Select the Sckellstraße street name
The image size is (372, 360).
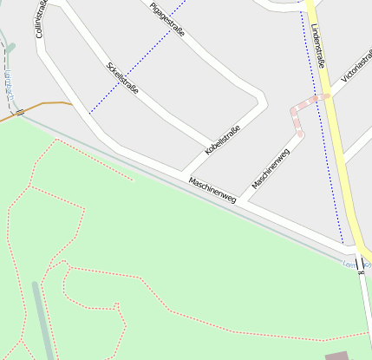[123, 80]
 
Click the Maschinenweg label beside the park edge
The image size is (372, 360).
[212, 190]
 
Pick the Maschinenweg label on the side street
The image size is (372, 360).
[270, 169]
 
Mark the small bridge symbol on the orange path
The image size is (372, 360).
[19, 113]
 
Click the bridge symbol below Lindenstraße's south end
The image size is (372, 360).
[358, 264]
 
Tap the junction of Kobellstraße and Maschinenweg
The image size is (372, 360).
[183, 171]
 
